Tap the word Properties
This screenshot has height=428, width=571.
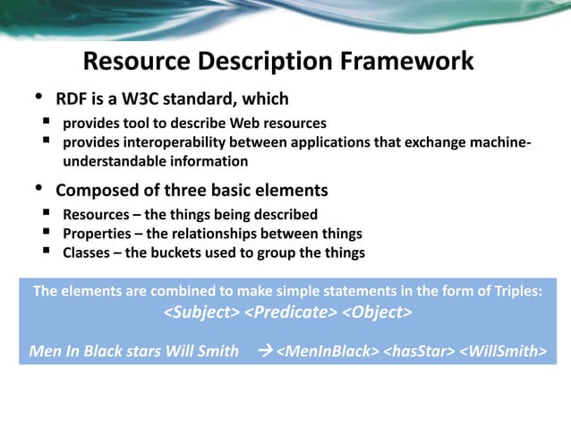click(x=98, y=234)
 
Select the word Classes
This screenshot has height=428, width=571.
click(x=88, y=253)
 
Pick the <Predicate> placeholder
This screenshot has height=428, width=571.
click(x=291, y=312)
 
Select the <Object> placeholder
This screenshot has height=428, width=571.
click(x=377, y=312)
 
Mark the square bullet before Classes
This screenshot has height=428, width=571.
click(x=45, y=253)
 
